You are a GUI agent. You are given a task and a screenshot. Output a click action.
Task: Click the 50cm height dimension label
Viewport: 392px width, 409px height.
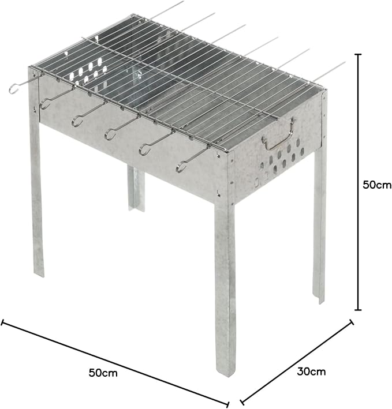click(377, 185)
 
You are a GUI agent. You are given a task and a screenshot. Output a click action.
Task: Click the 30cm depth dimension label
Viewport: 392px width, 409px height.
click(311, 371)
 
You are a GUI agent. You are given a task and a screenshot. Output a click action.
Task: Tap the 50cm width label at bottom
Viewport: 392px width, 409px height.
click(103, 373)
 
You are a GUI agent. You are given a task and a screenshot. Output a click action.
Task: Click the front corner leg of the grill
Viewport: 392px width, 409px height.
click(225, 287)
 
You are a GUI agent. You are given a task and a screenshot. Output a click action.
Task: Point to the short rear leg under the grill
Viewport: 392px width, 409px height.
click(136, 188)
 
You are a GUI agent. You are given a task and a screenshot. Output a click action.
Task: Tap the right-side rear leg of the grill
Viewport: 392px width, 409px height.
click(319, 224)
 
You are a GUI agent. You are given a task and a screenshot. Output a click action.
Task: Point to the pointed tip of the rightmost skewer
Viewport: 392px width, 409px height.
click(345, 62)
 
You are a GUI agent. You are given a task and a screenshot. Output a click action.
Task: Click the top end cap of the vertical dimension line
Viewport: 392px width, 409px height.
click(359, 54)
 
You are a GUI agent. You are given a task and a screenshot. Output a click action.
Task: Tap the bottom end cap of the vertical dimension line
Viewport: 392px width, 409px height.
click(359, 310)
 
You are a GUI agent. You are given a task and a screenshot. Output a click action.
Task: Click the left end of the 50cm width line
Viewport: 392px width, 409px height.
click(2, 322)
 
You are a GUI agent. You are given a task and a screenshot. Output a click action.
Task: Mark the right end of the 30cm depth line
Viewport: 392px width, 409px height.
click(352, 322)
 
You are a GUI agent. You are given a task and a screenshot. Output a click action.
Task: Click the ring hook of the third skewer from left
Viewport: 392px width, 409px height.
click(77, 122)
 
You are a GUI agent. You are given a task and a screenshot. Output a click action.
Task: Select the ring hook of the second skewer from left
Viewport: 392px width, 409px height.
click(45, 104)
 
